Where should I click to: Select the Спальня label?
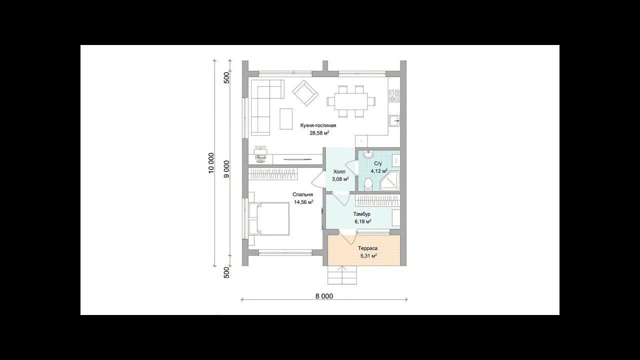point(302,194)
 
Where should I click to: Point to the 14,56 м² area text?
point(303,202)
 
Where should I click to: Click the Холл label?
point(339,171)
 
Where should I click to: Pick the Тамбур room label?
point(361,214)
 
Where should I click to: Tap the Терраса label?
point(367,248)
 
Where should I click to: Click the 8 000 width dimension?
point(324,296)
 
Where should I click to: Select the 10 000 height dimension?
point(211,163)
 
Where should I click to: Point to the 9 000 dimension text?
point(226,169)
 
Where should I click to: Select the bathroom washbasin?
point(368,154)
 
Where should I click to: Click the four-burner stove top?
point(394,96)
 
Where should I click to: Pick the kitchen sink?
point(394,121)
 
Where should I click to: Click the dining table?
point(351,101)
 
